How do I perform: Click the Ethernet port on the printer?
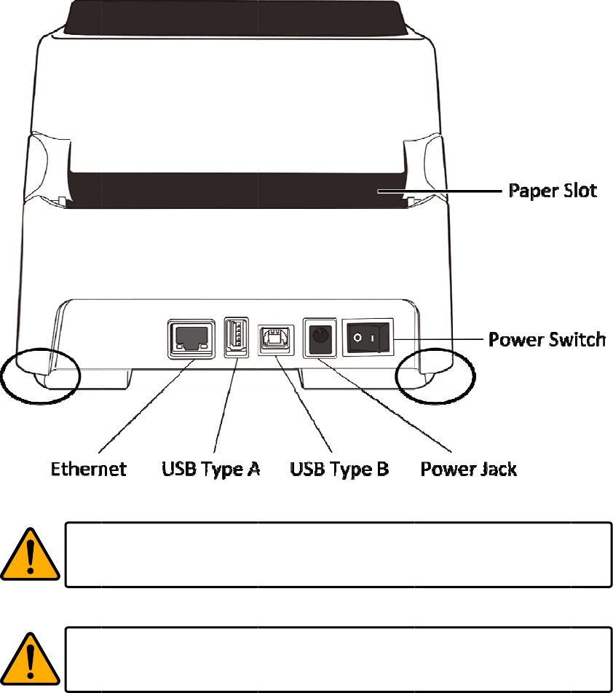tap(191, 338)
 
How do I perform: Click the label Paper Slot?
tap(552, 191)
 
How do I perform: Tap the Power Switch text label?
tap(547, 339)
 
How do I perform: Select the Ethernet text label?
tap(88, 468)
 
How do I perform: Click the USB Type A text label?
tap(210, 468)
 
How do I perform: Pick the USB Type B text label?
tap(339, 468)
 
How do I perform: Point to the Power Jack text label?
tap(469, 468)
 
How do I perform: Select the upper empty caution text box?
tap(337, 554)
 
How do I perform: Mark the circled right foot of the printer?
tap(435, 374)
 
